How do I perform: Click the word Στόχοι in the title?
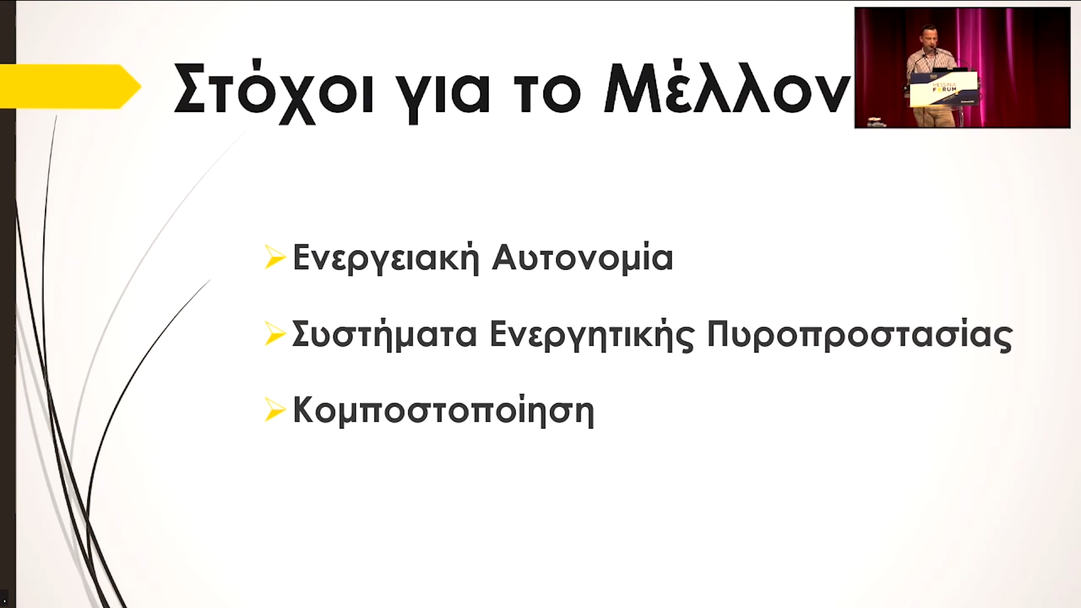tap(274, 90)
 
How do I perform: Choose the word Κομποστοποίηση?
tap(444, 411)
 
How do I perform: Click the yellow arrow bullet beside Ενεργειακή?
tap(275, 257)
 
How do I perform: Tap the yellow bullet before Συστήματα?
tap(275, 334)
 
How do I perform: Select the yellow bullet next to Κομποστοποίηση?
tap(275, 410)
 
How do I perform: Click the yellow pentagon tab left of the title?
tap(70, 86)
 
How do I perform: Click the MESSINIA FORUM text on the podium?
tap(944, 86)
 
